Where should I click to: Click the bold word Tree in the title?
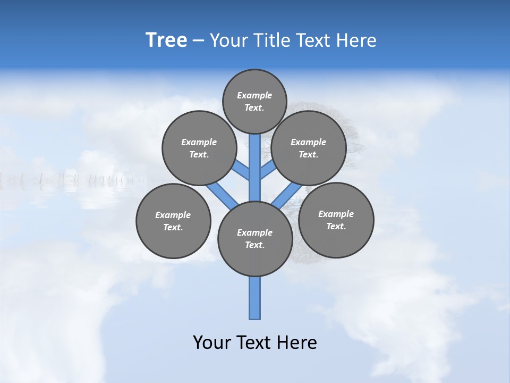pos(166,40)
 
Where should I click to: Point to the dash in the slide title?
pos(198,41)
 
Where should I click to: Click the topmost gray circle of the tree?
pos(254,101)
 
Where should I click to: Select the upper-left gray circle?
pos(199,148)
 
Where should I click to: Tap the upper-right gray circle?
pos(309,148)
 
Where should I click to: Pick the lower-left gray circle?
pos(173,221)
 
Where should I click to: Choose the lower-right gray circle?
pos(336,220)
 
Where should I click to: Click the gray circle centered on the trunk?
pos(255,239)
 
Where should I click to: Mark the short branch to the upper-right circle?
pos(268,170)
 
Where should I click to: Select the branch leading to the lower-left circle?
pos(222,195)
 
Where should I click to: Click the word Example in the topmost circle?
pos(254,95)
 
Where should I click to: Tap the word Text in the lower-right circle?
pos(336,226)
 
